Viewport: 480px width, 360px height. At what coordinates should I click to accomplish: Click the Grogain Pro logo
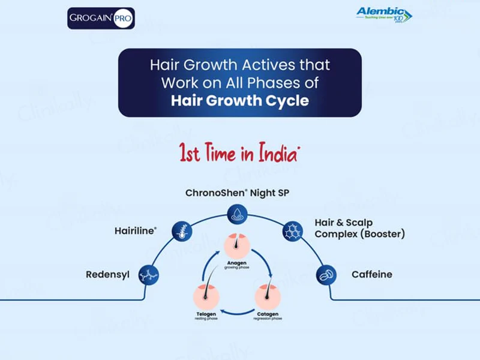click(x=101, y=17)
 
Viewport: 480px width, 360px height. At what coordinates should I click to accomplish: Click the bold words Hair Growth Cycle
click(x=240, y=100)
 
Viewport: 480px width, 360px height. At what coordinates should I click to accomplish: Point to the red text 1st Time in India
click(x=239, y=153)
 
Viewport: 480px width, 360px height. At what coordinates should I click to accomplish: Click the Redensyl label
click(x=107, y=274)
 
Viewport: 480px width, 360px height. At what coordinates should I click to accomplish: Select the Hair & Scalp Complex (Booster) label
click(x=359, y=228)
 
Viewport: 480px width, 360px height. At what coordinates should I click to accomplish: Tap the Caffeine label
click(x=372, y=274)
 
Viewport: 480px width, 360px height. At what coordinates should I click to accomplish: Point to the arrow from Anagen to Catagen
click(x=263, y=261)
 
